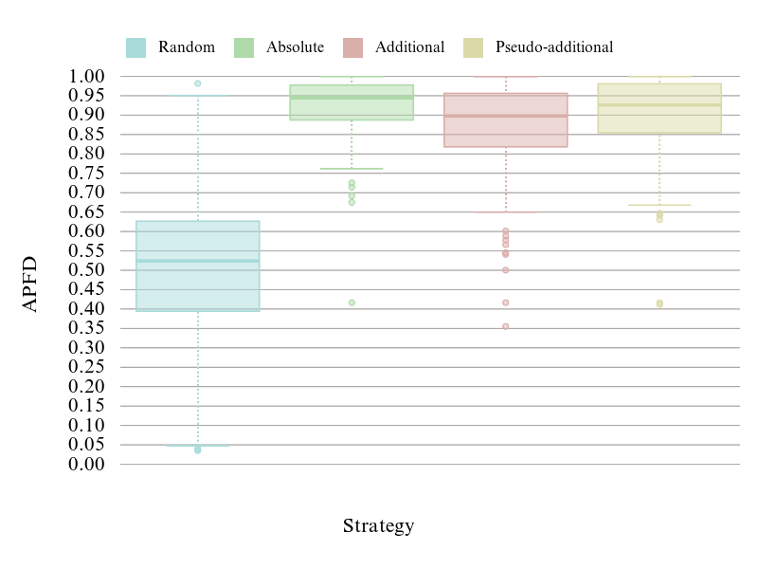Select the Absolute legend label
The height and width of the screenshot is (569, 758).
tap(295, 47)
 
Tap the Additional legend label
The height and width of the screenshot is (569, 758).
tap(409, 47)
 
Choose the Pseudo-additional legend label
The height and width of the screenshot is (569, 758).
tap(554, 47)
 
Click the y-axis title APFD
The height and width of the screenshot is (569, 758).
tap(30, 284)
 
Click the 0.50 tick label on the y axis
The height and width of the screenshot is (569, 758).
tap(88, 270)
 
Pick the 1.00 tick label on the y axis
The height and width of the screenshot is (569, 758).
tap(88, 77)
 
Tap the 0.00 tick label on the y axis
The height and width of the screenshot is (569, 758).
tap(88, 465)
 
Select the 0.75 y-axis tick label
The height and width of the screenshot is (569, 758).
tap(88, 174)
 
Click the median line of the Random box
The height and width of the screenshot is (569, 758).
tap(197, 261)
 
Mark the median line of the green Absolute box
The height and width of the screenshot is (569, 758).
tap(352, 98)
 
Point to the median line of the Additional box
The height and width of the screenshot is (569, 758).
tap(506, 117)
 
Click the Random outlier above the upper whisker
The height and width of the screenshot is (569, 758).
tap(197, 83)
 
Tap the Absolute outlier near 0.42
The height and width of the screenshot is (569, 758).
tap(352, 303)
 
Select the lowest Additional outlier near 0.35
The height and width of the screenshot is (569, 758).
tap(506, 326)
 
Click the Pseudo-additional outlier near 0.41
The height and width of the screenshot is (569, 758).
tap(659, 303)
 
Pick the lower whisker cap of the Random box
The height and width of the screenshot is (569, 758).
tap(197, 445)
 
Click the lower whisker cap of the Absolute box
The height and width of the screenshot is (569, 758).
tap(352, 169)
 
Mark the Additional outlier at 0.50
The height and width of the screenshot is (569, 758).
tap(506, 270)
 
